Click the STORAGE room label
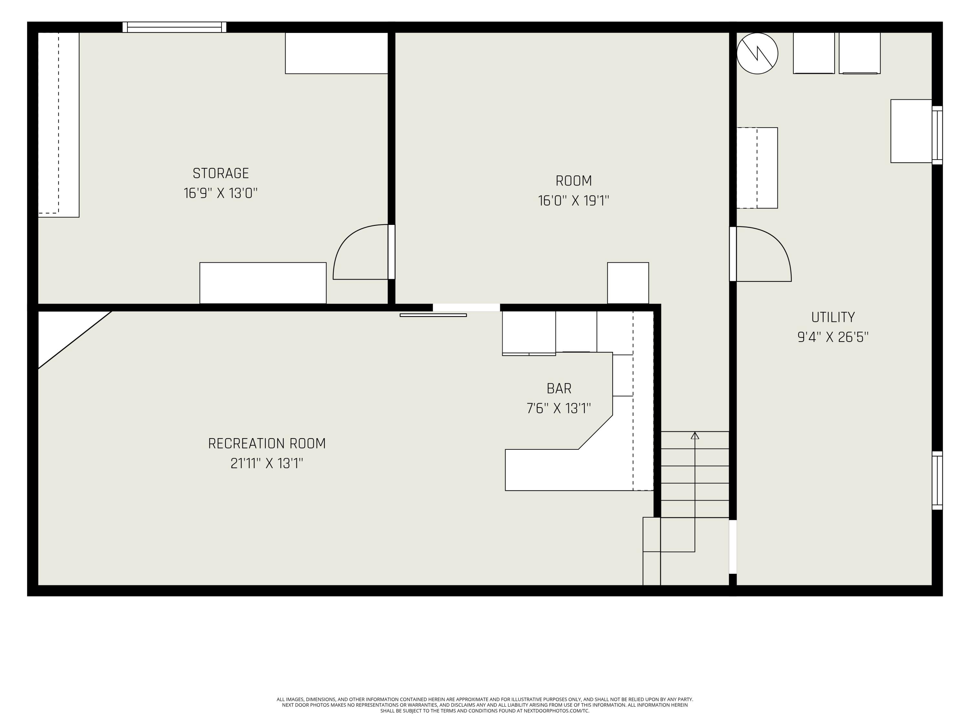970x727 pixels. pyautogui.click(x=221, y=174)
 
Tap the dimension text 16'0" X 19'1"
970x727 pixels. pyautogui.click(x=573, y=201)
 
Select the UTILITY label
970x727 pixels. pyautogui.click(x=832, y=317)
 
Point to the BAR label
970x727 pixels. pyautogui.click(x=559, y=389)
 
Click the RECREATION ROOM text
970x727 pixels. pyautogui.click(x=267, y=444)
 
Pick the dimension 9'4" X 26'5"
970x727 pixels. pyautogui.click(x=832, y=337)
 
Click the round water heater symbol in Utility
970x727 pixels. pyautogui.click(x=757, y=53)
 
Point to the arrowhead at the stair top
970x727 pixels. pyautogui.click(x=695, y=436)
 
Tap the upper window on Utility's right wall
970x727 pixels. pyautogui.click(x=937, y=135)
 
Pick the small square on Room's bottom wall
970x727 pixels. pyautogui.click(x=628, y=283)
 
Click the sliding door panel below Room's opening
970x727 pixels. pyautogui.click(x=433, y=315)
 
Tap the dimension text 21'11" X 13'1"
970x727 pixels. pyautogui.click(x=267, y=463)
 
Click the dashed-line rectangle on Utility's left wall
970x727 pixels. pyautogui.click(x=757, y=168)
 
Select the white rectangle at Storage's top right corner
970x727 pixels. pyautogui.click(x=336, y=53)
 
